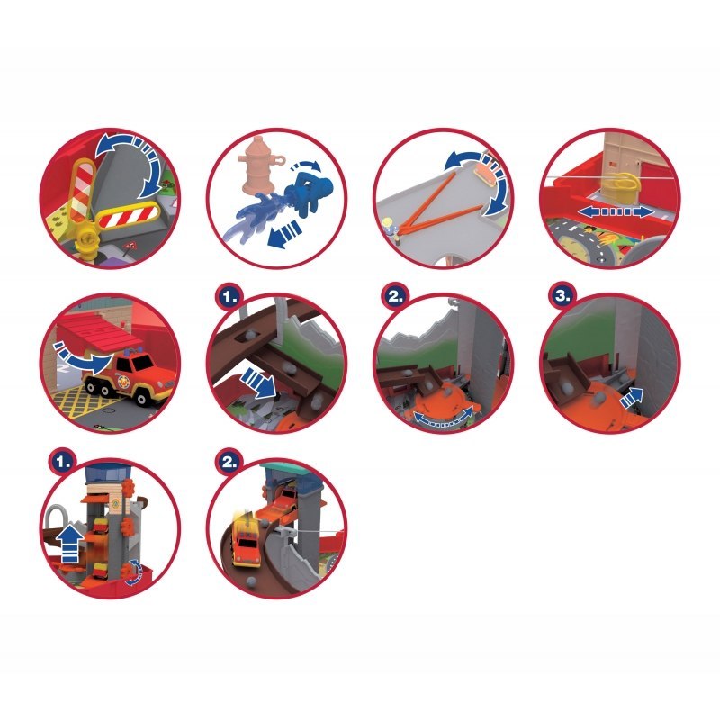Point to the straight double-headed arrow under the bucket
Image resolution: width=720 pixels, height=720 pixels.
pyautogui.click(x=615, y=211)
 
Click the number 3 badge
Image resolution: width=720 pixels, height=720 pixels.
pyautogui.click(x=562, y=295)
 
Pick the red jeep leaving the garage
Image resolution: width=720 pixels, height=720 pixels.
pyautogui.click(x=130, y=373)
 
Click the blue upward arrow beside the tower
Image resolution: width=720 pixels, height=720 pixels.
pyautogui.click(x=70, y=545)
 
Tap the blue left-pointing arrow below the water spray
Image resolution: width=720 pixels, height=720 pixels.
pyautogui.click(x=283, y=233)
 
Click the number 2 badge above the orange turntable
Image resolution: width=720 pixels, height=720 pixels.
pyautogui.click(x=395, y=295)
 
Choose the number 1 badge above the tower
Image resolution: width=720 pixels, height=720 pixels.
pyautogui.click(x=63, y=462)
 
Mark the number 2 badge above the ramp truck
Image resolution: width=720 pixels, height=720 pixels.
pyautogui.click(x=229, y=462)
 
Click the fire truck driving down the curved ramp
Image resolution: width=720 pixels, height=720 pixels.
pyautogui.click(x=246, y=538)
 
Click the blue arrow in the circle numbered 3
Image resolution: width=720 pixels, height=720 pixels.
pyautogui.click(x=632, y=396)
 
